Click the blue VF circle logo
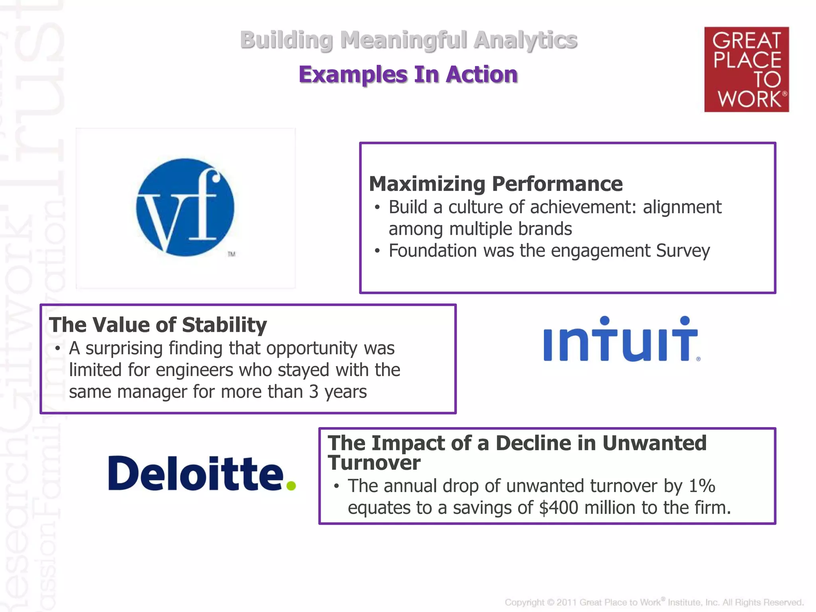tap(185, 207)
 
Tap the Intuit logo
tap(621, 339)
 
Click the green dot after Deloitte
tap(291, 485)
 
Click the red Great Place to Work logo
tap(746, 69)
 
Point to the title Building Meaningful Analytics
tap(408, 40)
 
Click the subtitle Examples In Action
tap(408, 75)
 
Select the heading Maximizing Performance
tap(496, 184)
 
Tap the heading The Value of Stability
tap(158, 324)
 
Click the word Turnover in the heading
tap(374, 463)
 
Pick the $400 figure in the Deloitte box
tap(558, 508)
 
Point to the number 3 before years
tap(314, 392)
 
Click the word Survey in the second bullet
tap(683, 251)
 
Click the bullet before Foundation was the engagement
tap(377, 251)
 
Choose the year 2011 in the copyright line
tap(567, 602)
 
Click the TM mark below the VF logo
tap(231, 254)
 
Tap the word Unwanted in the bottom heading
tap(654, 443)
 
